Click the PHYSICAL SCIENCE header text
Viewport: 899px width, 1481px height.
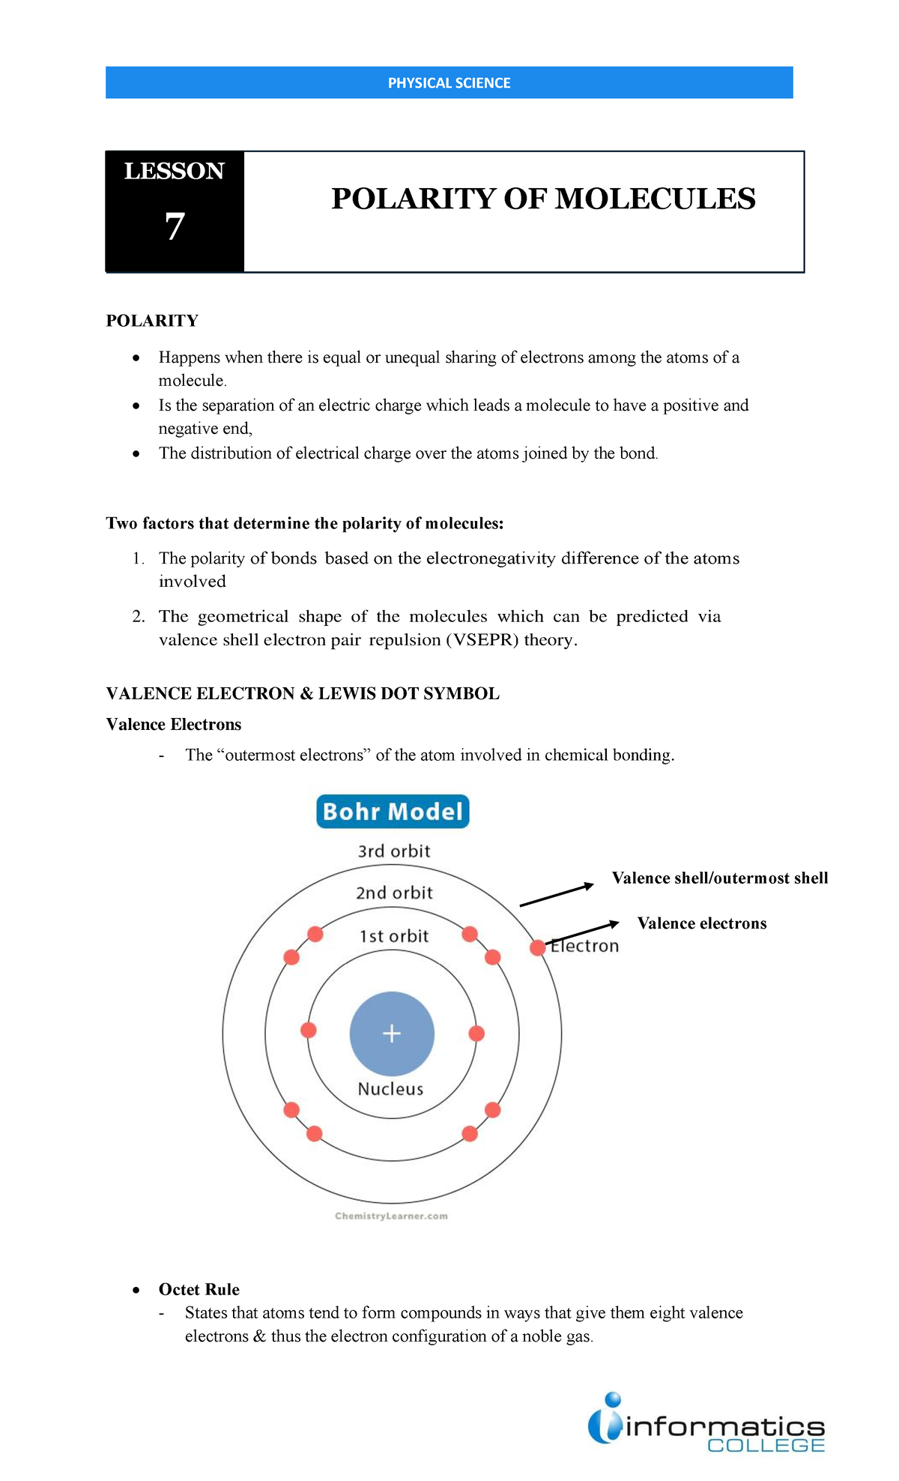click(449, 83)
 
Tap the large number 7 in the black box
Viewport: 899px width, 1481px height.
click(175, 226)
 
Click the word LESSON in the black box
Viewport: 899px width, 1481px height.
click(174, 172)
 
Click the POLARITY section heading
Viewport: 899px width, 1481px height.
click(152, 321)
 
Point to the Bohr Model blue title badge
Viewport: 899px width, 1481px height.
click(393, 812)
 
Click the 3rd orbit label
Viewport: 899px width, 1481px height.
click(394, 851)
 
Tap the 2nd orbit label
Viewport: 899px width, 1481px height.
click(394, 893)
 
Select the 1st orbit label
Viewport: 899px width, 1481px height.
click(394, 936)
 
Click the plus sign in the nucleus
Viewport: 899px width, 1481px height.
click(392, 1034)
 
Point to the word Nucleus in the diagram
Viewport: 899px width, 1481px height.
click(390, 1089)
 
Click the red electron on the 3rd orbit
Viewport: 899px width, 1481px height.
click(537, 948)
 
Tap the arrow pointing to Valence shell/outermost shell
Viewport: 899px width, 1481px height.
click(556, 895)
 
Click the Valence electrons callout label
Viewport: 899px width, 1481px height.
click(702, 923)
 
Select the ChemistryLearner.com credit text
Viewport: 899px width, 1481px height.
click(391, 1216)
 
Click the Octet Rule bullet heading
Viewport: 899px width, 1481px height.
click(199, 1289)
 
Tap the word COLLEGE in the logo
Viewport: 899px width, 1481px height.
click(766, 1446)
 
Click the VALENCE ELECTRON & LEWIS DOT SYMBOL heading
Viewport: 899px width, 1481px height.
click(303, 693)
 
